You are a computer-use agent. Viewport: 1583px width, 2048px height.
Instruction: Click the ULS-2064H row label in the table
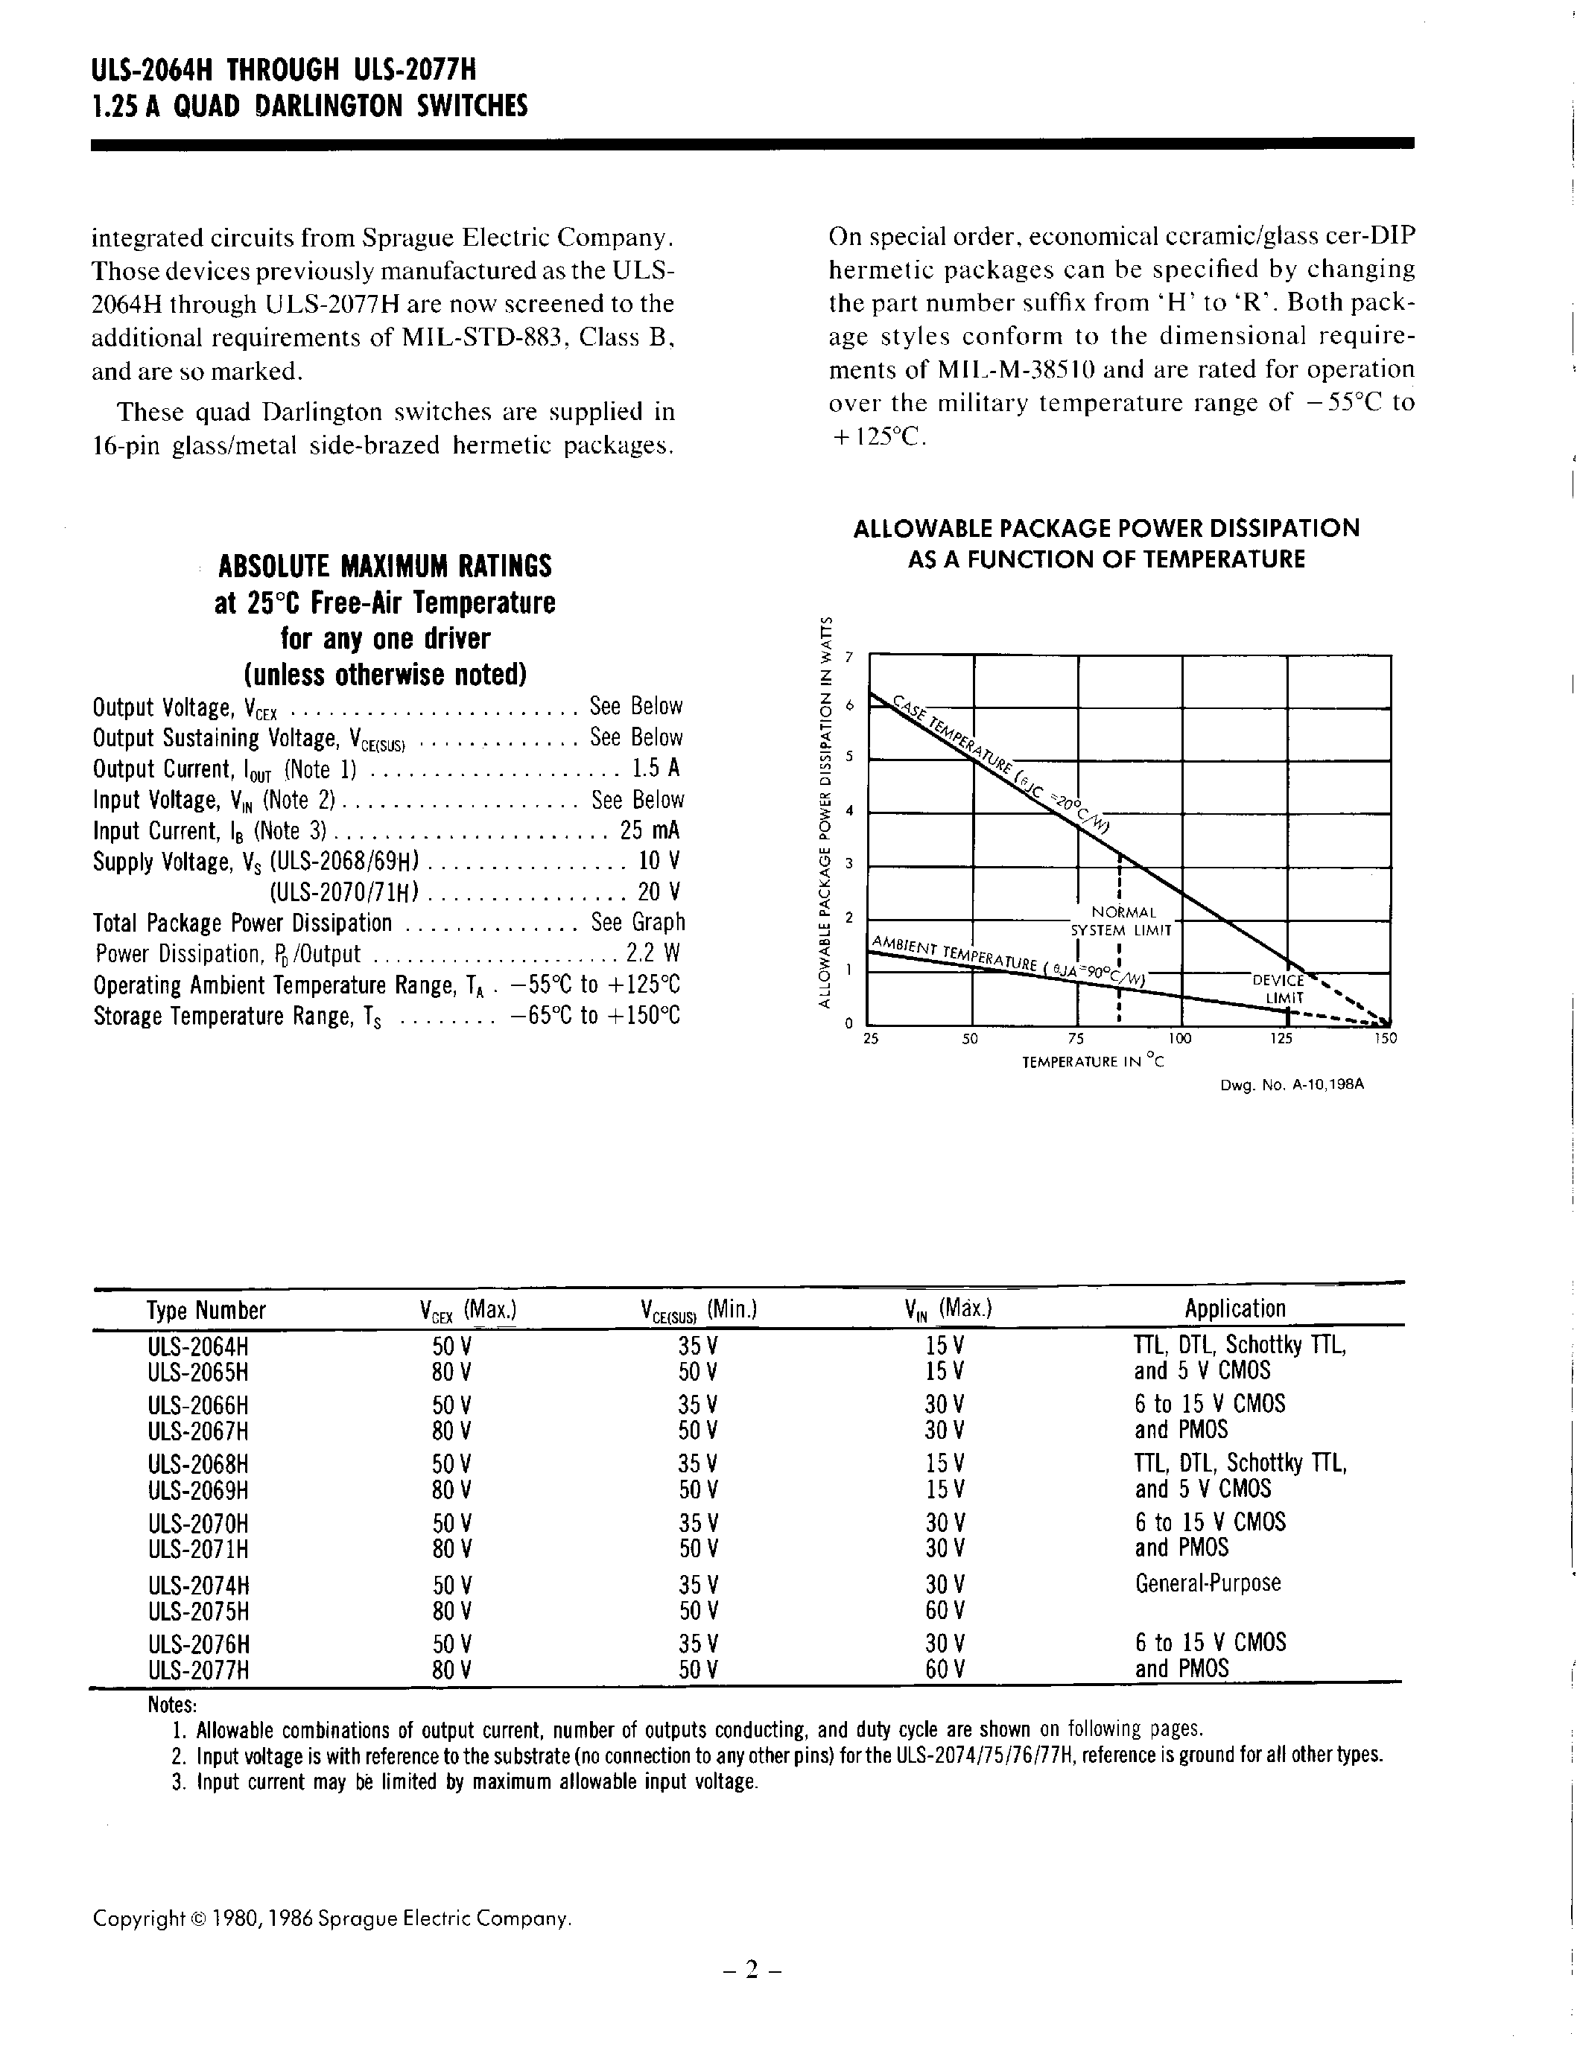coord(198,1346)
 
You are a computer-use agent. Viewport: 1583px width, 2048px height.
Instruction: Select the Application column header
coord(1234,1309)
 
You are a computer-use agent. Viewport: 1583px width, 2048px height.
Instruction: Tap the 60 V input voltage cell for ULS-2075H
coord(945,1610)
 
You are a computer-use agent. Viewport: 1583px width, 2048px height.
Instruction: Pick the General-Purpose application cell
coord(1207,1584)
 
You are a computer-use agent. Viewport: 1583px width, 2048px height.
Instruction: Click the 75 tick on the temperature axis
coord(1076,1039)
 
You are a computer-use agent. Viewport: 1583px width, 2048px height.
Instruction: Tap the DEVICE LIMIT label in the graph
coord(1279,989)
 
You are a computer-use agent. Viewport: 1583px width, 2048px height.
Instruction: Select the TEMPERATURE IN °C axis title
coord(1093,1063)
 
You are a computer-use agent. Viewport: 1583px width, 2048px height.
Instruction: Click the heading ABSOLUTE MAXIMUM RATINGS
coord(384,567)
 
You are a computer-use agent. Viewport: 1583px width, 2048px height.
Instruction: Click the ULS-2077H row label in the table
coord(198,1669)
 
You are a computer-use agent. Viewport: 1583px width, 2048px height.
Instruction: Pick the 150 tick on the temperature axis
coord(1385,1039)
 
